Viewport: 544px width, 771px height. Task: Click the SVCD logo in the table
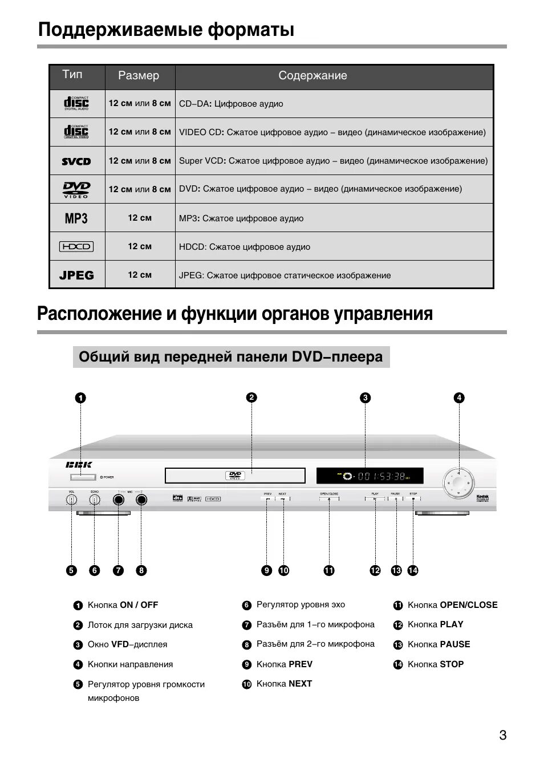click(76, 161)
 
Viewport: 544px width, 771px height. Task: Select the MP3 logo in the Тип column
click(76, 218)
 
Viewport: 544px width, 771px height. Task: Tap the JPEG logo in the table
click(76, 275)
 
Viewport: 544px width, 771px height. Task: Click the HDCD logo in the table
click(76, 247)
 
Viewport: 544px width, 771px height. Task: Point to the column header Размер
click(139, 76)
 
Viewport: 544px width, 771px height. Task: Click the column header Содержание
click(312, 76)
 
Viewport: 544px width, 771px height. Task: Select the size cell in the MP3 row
click(140, 218)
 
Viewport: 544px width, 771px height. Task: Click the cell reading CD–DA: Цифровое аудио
click(231, 104)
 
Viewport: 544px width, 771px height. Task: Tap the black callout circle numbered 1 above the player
click(80, 398)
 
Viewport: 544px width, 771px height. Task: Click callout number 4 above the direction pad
click(459, 398)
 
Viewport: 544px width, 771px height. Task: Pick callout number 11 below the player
click(329, 570)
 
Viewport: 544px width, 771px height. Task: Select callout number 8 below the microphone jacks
click(141, 570)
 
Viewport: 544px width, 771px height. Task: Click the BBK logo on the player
click(79, 465)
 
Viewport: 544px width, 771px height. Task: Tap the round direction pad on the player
click(460, 482)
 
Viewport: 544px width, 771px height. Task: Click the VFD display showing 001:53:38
click(370, 476)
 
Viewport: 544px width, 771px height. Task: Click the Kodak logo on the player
click(482, 497)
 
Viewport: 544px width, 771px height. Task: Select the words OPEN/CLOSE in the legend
click(468, 605)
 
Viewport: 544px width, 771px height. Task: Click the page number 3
click(502, 735)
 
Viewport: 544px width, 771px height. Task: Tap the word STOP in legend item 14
click(452, 664)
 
